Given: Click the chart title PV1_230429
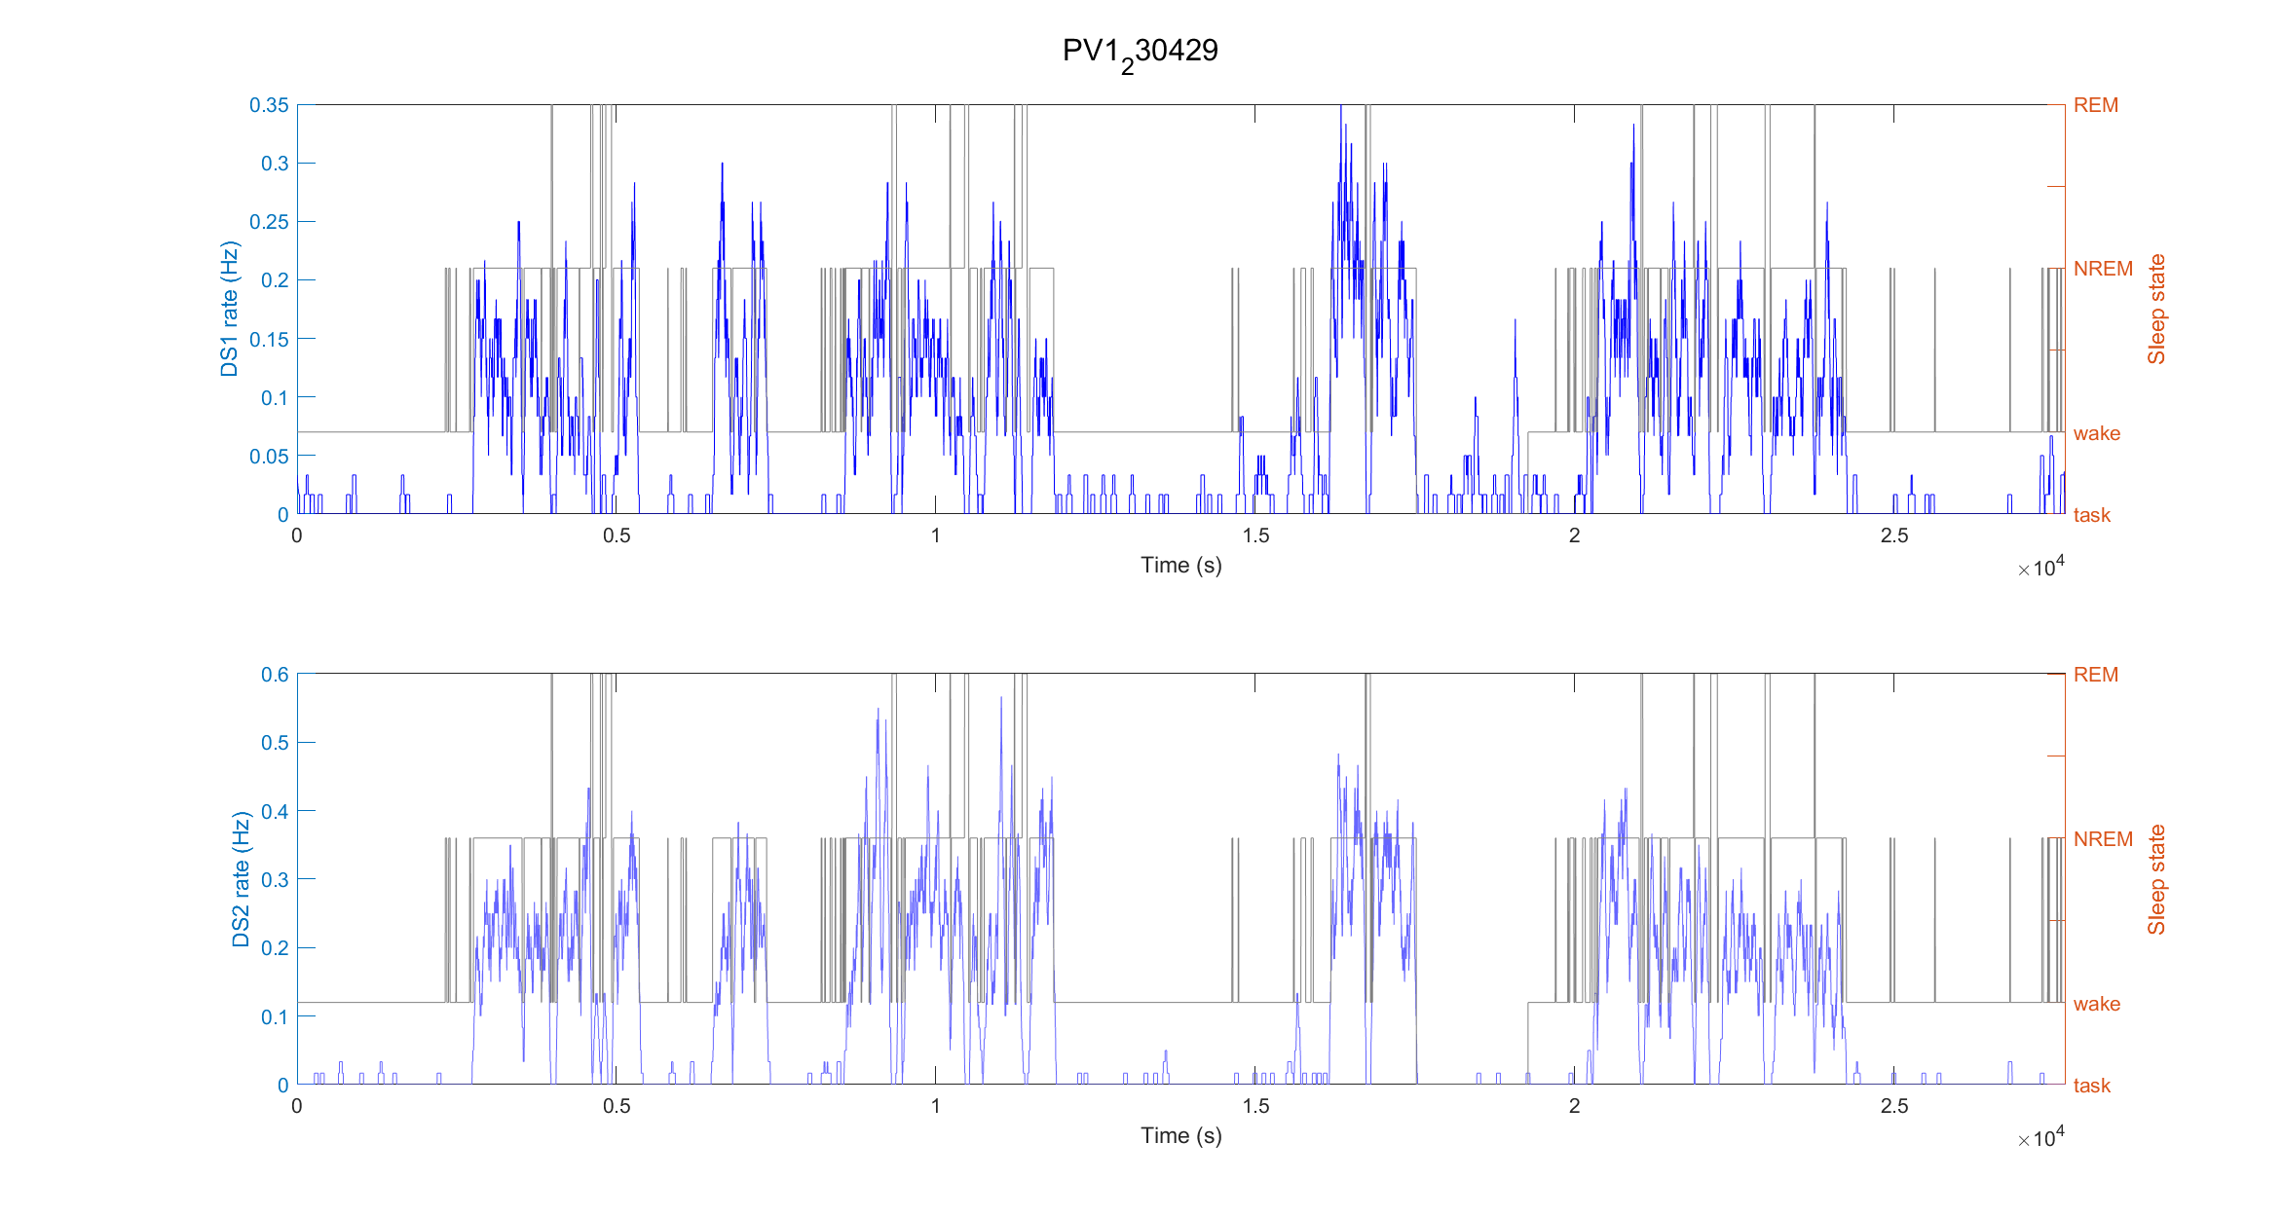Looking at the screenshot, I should (1140, 52).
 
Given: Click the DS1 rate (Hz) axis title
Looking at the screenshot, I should (229, 309).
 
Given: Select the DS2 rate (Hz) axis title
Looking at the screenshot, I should (241, 879).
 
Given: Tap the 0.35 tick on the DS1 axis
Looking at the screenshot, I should (269, 105).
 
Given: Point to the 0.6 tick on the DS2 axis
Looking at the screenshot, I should (275, 675).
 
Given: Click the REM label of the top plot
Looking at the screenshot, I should (2095, 105).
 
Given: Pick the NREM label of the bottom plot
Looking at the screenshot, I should (2102, 839).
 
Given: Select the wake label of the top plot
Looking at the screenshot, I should (2096, 433).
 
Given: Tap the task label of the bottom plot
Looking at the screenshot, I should (2091, 1086).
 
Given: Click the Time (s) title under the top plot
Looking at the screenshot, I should (1180, 565).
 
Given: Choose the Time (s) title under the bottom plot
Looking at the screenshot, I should (1180, 1135).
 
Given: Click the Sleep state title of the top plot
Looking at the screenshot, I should (2156, 310).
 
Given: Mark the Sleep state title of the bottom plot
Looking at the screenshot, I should (2156, 880).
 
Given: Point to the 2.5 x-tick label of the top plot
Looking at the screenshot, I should (1893, 535).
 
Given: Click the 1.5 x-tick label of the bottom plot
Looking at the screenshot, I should (1255, 1106).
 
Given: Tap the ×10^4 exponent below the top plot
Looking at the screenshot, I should (2040, 568).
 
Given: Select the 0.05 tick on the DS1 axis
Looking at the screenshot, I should (269, 456).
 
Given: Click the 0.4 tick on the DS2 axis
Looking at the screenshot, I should (275, 811).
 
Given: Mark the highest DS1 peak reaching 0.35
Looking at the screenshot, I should (1341, 107).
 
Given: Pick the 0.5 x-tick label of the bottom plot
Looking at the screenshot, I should (616, 1106).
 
